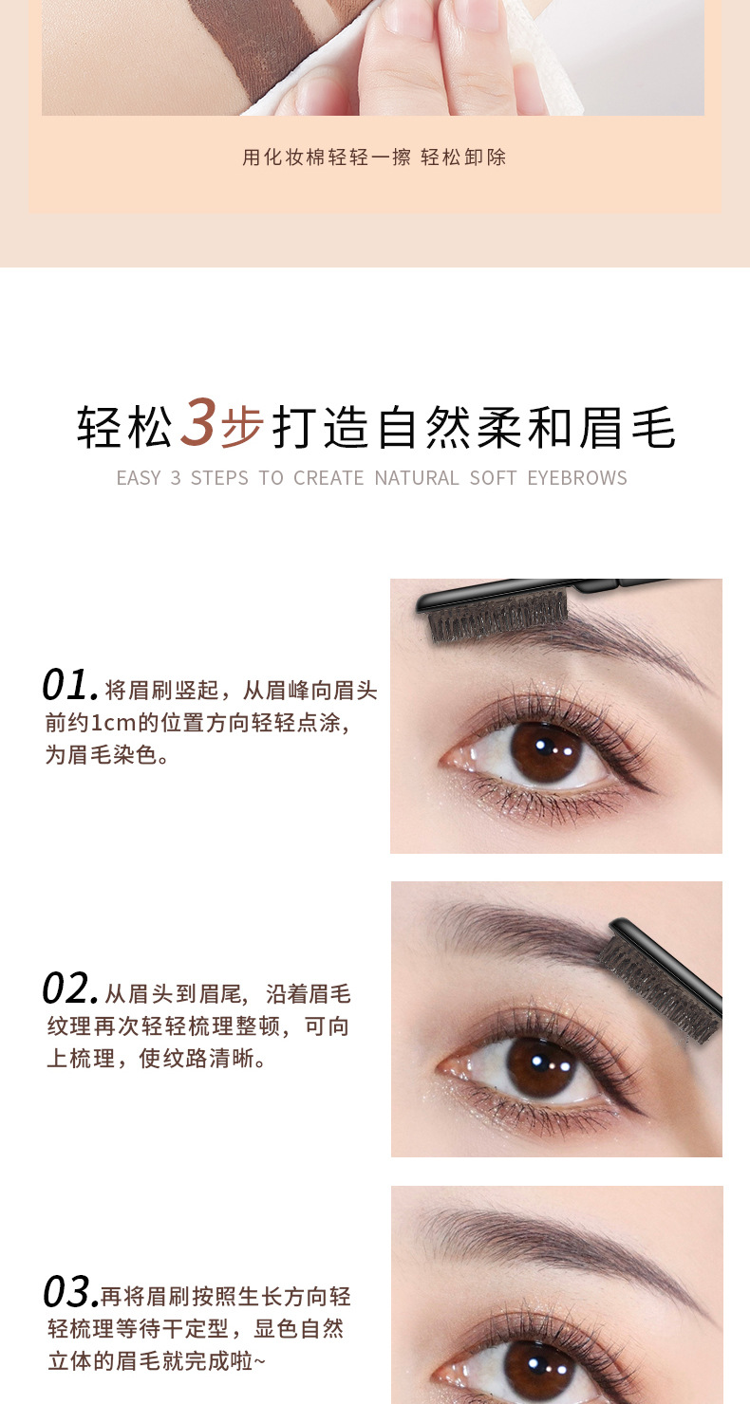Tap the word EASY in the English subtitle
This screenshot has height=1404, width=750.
pyautogui.click(x=139, y=478)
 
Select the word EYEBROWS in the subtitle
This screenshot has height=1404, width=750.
pyautogui.click(x=577, y=478)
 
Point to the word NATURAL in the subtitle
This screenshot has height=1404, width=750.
pyautogui.click(x=417, y=478)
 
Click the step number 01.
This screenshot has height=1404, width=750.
pyautogui.click(x=69, y=685)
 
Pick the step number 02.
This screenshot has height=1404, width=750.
pyautogui.click(x=69, y=988)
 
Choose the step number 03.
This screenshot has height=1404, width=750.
pyautogui.click(x=69, y=1292)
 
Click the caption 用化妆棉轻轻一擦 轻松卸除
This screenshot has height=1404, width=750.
pyautogui.click(x=374, y=157)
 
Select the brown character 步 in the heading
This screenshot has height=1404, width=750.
pyautogui.click(x=241, y=428)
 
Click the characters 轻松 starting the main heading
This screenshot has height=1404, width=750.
pyautogui.click(x=125, y=428)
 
